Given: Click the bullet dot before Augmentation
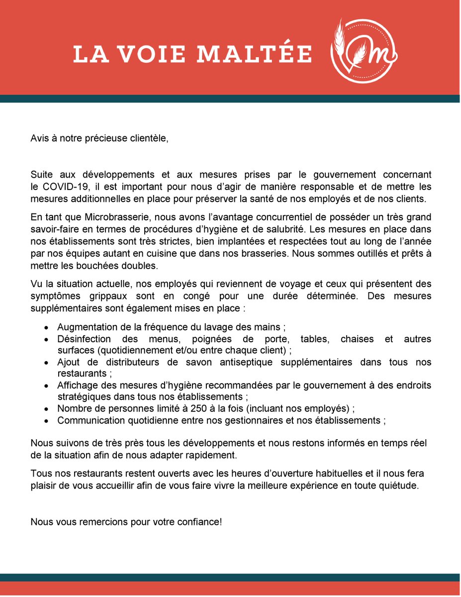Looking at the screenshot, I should [x=46, y=328].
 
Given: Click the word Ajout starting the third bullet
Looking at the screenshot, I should [x=69, y=362].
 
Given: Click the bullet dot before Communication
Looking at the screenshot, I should [x=46, y=421].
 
